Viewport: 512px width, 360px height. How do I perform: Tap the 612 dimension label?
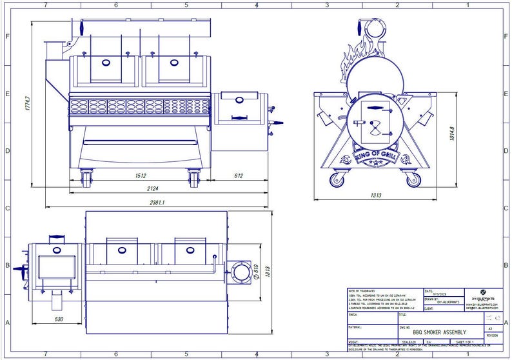tap(238, 175)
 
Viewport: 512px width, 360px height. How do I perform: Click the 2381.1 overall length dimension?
tap(156, 203)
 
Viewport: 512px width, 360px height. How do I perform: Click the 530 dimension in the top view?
tap(59, 319)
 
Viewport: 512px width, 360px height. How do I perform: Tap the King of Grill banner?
tap(375, 156)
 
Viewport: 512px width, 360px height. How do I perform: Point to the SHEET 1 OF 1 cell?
tap(465, 342)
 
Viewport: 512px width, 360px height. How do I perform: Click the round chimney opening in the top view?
tap(242, 272)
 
